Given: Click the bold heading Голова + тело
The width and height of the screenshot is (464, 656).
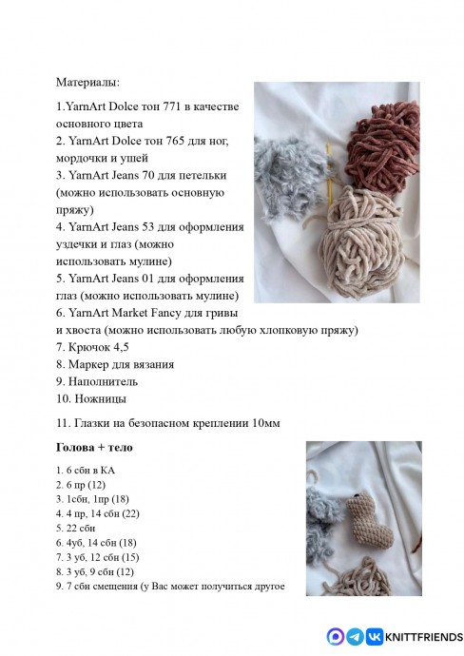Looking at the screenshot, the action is click(x=94, y=447).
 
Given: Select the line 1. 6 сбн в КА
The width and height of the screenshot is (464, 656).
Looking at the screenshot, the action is click(x=87, y=470).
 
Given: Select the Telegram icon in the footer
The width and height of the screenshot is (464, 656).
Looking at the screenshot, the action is click(x=355, y=636).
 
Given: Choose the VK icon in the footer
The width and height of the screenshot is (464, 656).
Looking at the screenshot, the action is click(x=374, y=636).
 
